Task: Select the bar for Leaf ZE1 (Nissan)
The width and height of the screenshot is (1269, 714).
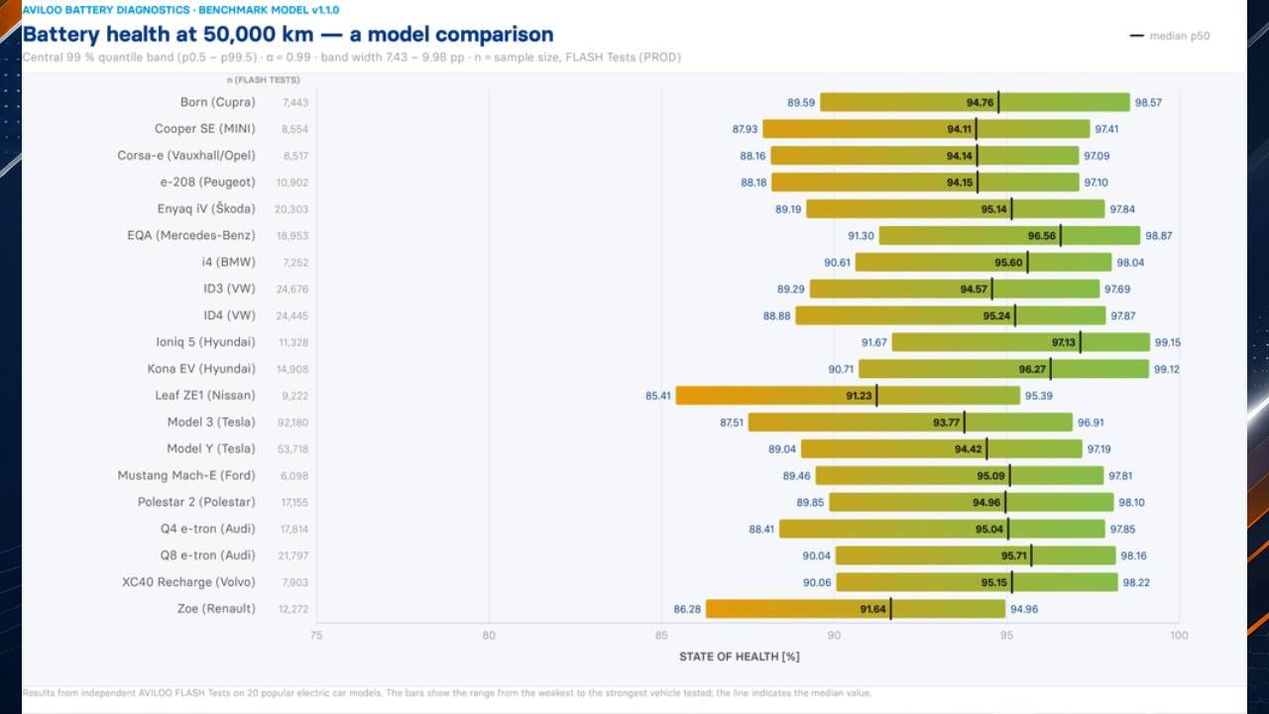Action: pos(848,396)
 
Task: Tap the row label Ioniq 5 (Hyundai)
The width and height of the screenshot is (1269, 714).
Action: pos(205,342)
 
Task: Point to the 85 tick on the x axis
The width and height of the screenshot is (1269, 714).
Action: pos(661,636)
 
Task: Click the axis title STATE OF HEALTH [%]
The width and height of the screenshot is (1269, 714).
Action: pos(740,656)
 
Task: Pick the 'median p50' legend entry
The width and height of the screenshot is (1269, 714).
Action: pos(1170,36)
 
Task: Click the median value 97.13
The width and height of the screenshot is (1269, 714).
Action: pos(1064,342)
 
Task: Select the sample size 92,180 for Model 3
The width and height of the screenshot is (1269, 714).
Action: pos(292,422)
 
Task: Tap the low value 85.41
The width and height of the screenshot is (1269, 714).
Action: pos(657,396)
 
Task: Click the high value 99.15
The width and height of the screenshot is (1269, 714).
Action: pos(1168,342)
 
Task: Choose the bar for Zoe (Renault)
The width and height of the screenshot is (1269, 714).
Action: pos(856,609)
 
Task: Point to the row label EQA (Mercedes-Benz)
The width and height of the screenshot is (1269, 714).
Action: pos(191,236)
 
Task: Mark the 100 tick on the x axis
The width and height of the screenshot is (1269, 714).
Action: pos(1179,636)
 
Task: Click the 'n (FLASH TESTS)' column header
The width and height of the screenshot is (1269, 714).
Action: pos(264,80)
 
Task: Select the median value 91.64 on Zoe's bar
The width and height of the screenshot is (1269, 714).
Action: pos(872,609)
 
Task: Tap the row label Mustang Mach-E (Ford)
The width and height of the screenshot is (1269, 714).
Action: pos(186,475)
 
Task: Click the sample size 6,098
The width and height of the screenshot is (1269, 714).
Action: pos(294,476)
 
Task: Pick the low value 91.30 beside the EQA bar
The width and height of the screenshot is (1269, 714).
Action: pos(861,236)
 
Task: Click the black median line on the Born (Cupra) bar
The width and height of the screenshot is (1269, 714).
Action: pos(998,102)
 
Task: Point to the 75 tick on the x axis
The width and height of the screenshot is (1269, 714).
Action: pos(316,636)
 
